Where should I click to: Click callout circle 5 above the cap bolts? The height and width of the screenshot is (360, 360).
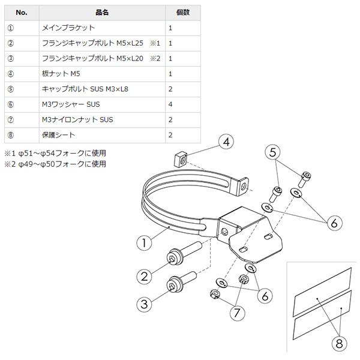pos(274,152)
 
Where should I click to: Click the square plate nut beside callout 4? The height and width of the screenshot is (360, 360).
pos(178,160)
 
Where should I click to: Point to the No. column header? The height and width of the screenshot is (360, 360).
pos(21,12)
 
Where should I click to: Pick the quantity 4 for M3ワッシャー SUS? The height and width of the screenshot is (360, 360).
pos(171,104)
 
